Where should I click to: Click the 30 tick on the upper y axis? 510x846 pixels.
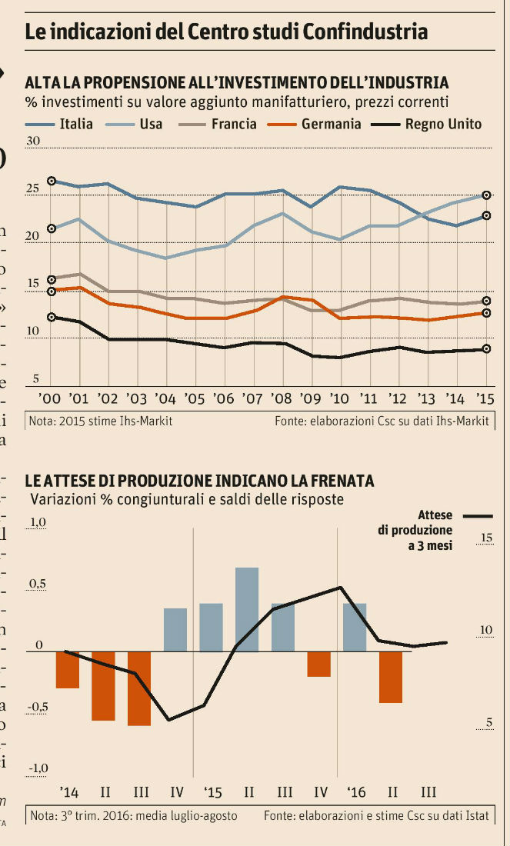(33, 142)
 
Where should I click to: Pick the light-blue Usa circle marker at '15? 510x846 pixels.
(486, 195)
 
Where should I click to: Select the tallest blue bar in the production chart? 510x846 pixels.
(247, 609)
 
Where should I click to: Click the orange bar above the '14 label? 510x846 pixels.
(68, 670)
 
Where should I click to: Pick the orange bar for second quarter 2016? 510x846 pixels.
(390, 677)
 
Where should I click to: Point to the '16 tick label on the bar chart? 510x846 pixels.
(355, 792)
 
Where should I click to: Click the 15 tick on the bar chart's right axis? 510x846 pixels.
(485, 537)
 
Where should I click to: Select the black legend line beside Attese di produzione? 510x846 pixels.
(478, 516)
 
